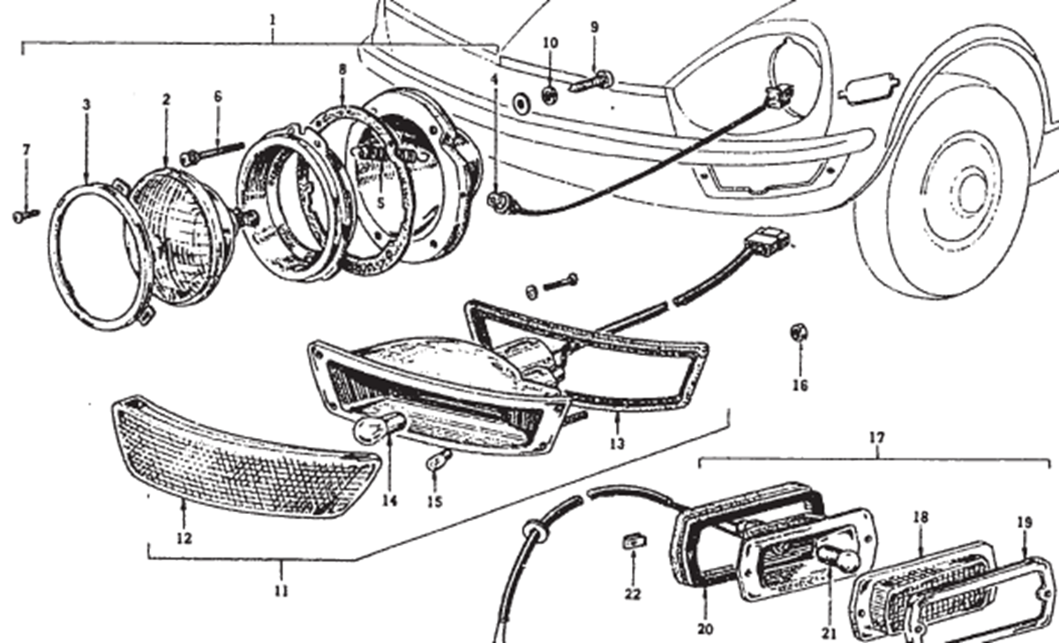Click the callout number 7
click(x=26, y=150)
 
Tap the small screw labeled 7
click(x=26, y=216)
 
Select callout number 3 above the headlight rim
click(x=86, y=105)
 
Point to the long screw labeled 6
click(x=212, y=154)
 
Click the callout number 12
click(x=184, y=538)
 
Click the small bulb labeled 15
click(x=439, y=459)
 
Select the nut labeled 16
click(x=799, y=332)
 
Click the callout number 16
click(x=800, y=386)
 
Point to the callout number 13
click(x=617, y=443)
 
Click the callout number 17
click(x=876, y=438)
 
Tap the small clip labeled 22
click(x=634, y=541)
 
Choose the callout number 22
click(x=633, y=594)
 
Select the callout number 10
click(x=551, y=42)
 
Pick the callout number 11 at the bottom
click(x=282, y=591)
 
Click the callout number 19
click(x=1025, y=523)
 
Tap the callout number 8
click(x=342, y=70)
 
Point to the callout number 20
click(x=705, y=629)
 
